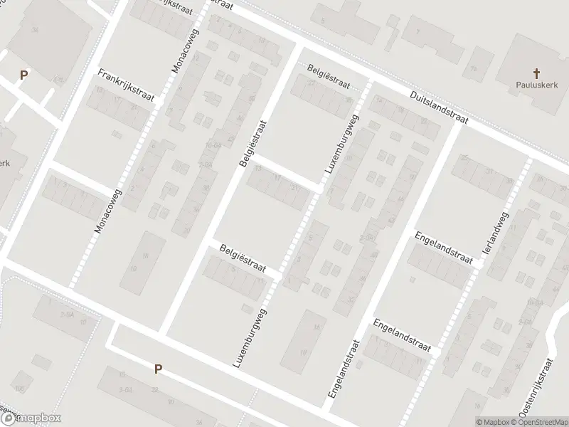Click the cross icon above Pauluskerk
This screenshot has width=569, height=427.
click(536, 73)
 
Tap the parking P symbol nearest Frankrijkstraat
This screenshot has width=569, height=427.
click(23, 75)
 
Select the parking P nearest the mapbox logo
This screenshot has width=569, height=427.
click(158, 369)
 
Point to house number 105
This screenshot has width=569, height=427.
click(19, 388)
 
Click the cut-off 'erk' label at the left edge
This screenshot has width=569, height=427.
click(4, 162)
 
